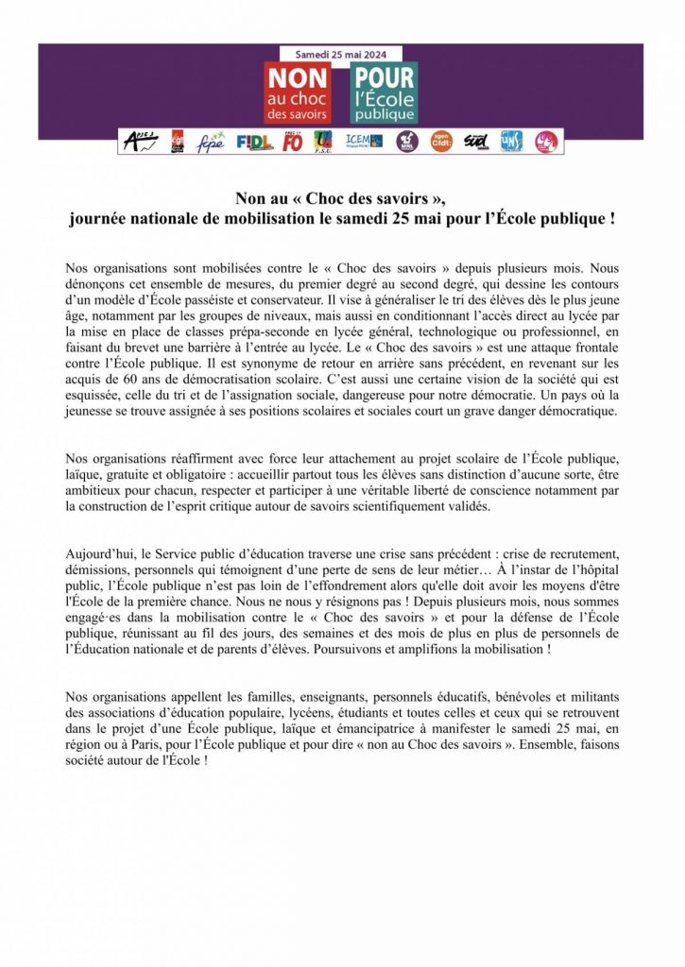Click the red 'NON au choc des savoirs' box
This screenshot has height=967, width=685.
coord(298,93)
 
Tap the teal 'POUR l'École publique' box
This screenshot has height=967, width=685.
coord(384,93)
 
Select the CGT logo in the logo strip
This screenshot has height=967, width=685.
coord(177,142)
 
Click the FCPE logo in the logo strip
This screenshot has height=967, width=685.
coord(210,142)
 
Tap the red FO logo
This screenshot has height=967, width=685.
coord(293,142)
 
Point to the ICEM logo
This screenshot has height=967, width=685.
coord(364,141)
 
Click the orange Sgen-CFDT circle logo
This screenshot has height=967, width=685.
coord(439,142)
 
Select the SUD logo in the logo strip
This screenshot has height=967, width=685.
coord(477,142)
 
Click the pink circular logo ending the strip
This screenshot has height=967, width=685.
coord(546,142)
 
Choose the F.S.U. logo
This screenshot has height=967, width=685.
coord(323,142)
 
